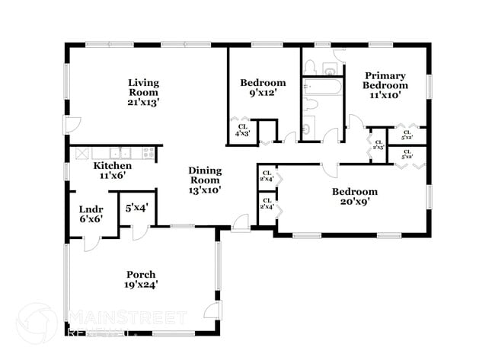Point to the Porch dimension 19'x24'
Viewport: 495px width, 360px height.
click(x=141, y=285)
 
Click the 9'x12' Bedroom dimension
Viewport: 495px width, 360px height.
click(x=263, y=93)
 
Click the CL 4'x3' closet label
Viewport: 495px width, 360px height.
click(x=242, y=130)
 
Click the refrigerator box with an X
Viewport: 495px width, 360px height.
click(x=81, y=152)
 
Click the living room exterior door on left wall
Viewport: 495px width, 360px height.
click(x=71, y=126)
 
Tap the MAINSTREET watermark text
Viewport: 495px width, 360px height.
click(x=128, y=317)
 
